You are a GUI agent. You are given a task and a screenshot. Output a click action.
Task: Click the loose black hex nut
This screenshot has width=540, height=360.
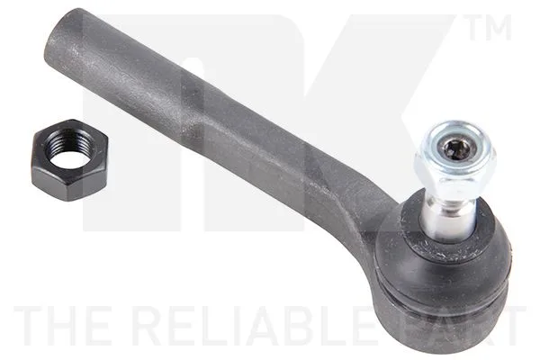(x=69, y=159)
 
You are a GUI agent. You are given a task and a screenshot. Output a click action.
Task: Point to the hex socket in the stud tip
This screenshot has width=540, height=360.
(x=454, y=149)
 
